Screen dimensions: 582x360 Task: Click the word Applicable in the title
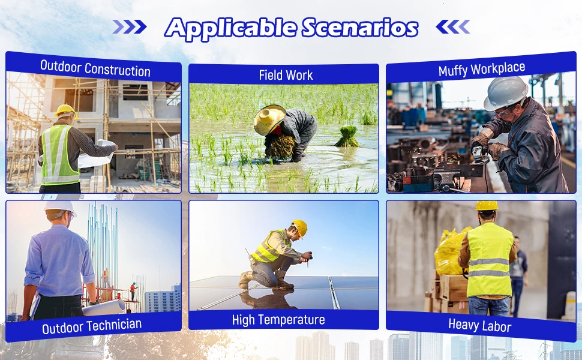click(x=230, y=28)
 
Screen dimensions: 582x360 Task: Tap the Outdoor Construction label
click(x=95, y=68)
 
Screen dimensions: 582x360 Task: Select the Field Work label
click(x=286, y=75)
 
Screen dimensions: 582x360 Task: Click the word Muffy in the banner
click(x=452, y=70)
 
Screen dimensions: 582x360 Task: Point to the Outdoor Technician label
click(x=92, y=326)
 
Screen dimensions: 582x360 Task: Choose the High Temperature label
click(x=278, y=320)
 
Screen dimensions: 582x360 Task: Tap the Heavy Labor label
click(x=479, y=325)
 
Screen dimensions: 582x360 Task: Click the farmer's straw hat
click(x=269, y=119)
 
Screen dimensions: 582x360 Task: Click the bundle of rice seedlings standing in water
click(x=347, y=137)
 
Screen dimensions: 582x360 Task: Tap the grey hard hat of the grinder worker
click(x=505, y=93)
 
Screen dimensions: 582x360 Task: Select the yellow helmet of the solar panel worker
click(x=300, y=227)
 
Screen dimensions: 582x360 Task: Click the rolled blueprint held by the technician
click(x=104, y=308)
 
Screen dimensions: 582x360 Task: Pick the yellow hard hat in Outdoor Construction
click(x=66, y=110)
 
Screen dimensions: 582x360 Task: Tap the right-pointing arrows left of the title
click(x=130, y=27)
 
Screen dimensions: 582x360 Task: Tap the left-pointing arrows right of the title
click(x=453, y=27)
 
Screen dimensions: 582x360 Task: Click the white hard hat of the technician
click(x=61, y=208)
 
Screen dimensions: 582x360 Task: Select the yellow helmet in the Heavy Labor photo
click(x=487, y=206)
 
